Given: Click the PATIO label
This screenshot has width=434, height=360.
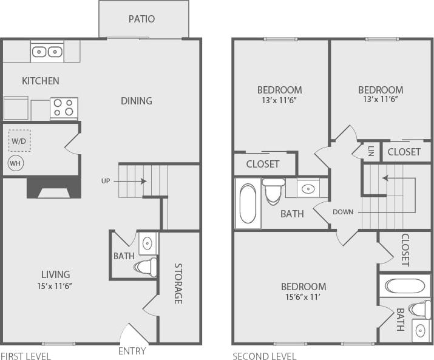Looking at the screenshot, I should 141,19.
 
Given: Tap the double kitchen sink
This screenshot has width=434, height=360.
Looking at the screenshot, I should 47,52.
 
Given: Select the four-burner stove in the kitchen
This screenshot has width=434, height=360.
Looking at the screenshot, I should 64,107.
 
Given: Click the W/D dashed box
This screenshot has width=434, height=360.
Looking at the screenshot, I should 19,141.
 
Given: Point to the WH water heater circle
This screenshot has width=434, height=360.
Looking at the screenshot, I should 15,163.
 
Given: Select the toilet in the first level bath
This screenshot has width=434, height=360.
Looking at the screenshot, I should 146,267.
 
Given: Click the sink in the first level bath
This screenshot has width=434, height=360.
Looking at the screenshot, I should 147,244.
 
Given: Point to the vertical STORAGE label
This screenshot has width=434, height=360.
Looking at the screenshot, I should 178,284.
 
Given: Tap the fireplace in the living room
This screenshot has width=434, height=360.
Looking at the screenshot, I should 53,188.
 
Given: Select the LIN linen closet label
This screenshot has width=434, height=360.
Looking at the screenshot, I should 371,151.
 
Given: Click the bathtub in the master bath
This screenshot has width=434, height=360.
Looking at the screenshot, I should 402,286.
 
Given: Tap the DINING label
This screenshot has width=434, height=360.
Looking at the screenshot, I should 137,101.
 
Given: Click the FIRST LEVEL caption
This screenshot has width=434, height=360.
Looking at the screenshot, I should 25,356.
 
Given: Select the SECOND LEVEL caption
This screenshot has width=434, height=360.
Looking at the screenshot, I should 265,356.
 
